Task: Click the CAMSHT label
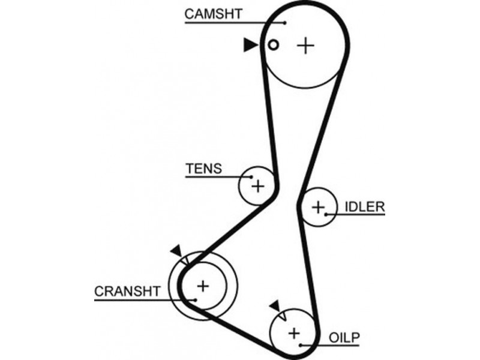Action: click(213, 13)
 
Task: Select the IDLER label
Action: click(364, 207)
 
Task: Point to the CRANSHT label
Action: click(128, 292)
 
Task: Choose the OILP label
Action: click(344, 337)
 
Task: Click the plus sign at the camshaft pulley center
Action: click(306, 45)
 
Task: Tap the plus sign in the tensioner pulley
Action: click(257, 186)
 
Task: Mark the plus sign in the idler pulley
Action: click(317, 208)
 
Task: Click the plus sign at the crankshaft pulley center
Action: click(203, 286)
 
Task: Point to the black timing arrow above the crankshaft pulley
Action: click(176, 250)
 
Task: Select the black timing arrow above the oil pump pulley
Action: click(275, 306)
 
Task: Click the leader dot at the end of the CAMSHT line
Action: click(286, 22)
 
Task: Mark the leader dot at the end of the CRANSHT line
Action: click(195, 299)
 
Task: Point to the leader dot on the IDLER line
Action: click(326, 214)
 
